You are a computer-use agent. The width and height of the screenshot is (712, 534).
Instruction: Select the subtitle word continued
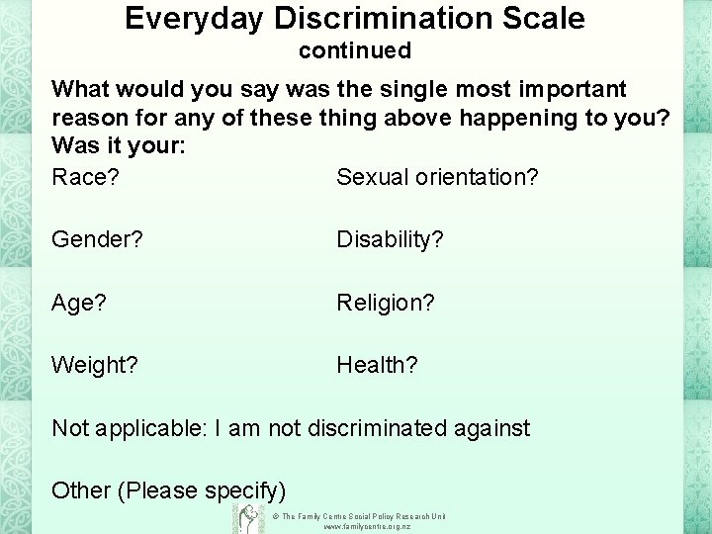(355, 48)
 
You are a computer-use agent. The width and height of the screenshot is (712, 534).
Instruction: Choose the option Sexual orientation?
(437, 177)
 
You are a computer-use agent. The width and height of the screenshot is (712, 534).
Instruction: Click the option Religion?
(386, 303)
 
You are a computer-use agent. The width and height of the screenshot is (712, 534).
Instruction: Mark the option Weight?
(95, 366)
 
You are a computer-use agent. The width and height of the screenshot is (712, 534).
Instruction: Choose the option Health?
(377, 366)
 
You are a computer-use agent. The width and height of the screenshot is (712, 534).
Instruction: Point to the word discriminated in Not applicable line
(380, 428)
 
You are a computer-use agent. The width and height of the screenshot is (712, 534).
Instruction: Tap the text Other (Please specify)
(168, 490)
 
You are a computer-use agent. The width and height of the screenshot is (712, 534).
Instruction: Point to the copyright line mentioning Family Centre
(364, 516)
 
